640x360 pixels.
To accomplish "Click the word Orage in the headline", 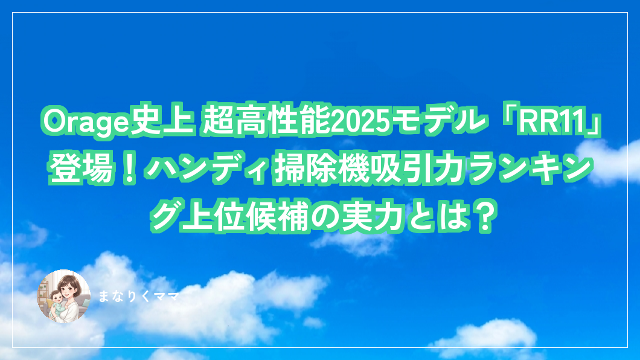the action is (x=86, y=121).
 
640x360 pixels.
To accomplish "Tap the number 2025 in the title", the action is (x=360, y=121).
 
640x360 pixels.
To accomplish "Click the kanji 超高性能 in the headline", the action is (x=266, y=121).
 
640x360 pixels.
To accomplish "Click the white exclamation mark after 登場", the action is (x=129, y=169).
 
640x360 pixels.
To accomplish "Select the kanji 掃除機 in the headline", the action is (x=321, y=169).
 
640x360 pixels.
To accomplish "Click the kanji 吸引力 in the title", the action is (x=418, y=169).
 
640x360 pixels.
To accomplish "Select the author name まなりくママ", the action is (x=139, y=297).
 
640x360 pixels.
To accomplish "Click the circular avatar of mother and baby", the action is (x=63, y=296).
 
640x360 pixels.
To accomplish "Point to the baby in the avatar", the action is (x=56, y=304).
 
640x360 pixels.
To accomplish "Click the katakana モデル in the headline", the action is (x=439, y=121).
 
